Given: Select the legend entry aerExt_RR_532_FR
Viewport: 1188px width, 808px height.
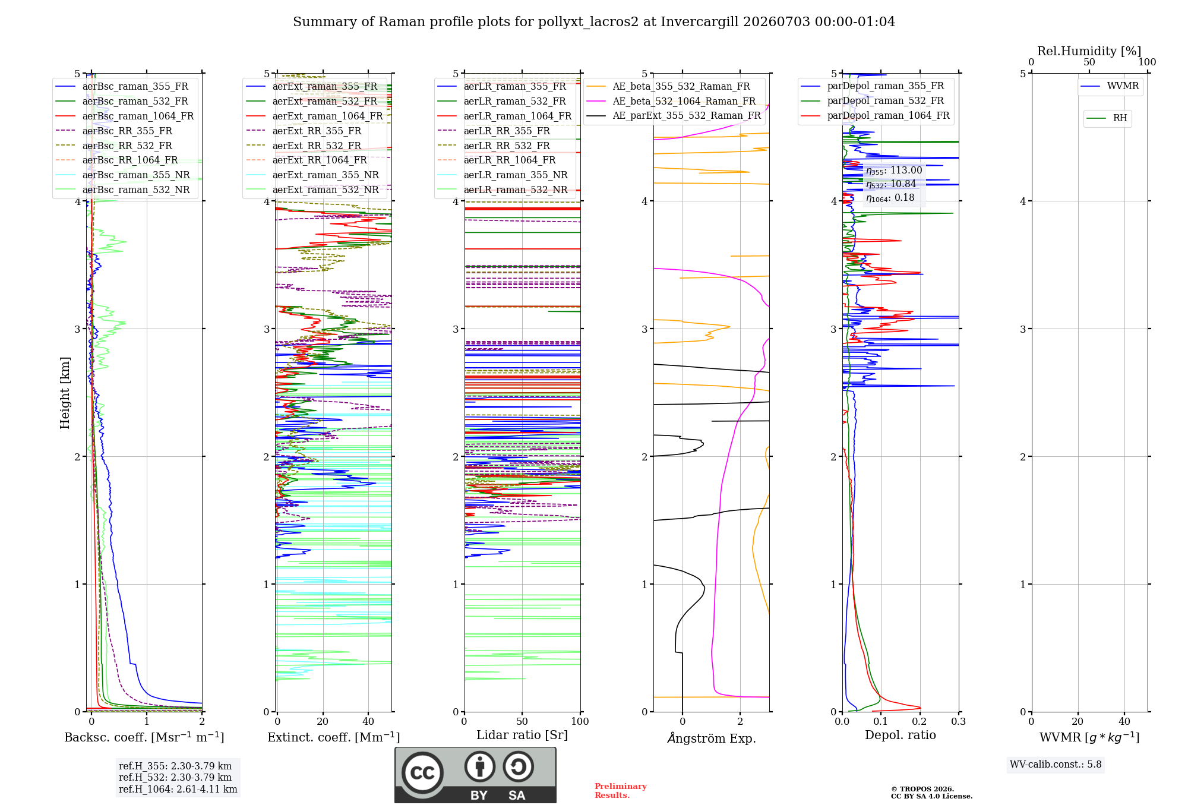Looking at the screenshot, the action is coord(304,146).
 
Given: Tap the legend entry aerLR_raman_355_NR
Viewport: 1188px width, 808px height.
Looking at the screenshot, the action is coord(503,175).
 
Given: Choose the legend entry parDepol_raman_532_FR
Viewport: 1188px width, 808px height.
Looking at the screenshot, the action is coord(872,100).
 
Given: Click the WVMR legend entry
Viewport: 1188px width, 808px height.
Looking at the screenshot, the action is coord(1110,86).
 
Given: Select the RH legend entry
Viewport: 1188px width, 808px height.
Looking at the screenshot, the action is coord(1107,118).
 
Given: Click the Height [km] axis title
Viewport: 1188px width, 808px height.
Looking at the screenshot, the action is coord(65,392).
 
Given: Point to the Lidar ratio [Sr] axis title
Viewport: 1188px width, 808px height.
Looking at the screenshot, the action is coord(522,735).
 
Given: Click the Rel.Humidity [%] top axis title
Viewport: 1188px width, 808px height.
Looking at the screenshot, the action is coord(1089,51).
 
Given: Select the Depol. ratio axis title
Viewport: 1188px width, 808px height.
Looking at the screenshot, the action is coord(901,735).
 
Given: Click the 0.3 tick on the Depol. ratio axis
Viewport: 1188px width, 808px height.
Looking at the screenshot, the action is coord(958,721).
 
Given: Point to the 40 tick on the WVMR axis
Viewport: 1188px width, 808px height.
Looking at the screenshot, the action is coord(1124,721).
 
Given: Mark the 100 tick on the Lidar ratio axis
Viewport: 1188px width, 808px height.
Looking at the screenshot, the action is coord(580,721).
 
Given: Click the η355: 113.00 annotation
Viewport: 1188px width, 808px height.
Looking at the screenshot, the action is coord(894,171).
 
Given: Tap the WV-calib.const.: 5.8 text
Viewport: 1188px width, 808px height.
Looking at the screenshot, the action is coord(1056,765).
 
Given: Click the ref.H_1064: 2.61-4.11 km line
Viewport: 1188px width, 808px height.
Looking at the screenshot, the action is coord(178,790).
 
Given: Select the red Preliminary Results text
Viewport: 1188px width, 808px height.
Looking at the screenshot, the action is coord(621,791).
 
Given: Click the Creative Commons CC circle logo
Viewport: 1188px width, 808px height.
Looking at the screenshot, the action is coord(422,773).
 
